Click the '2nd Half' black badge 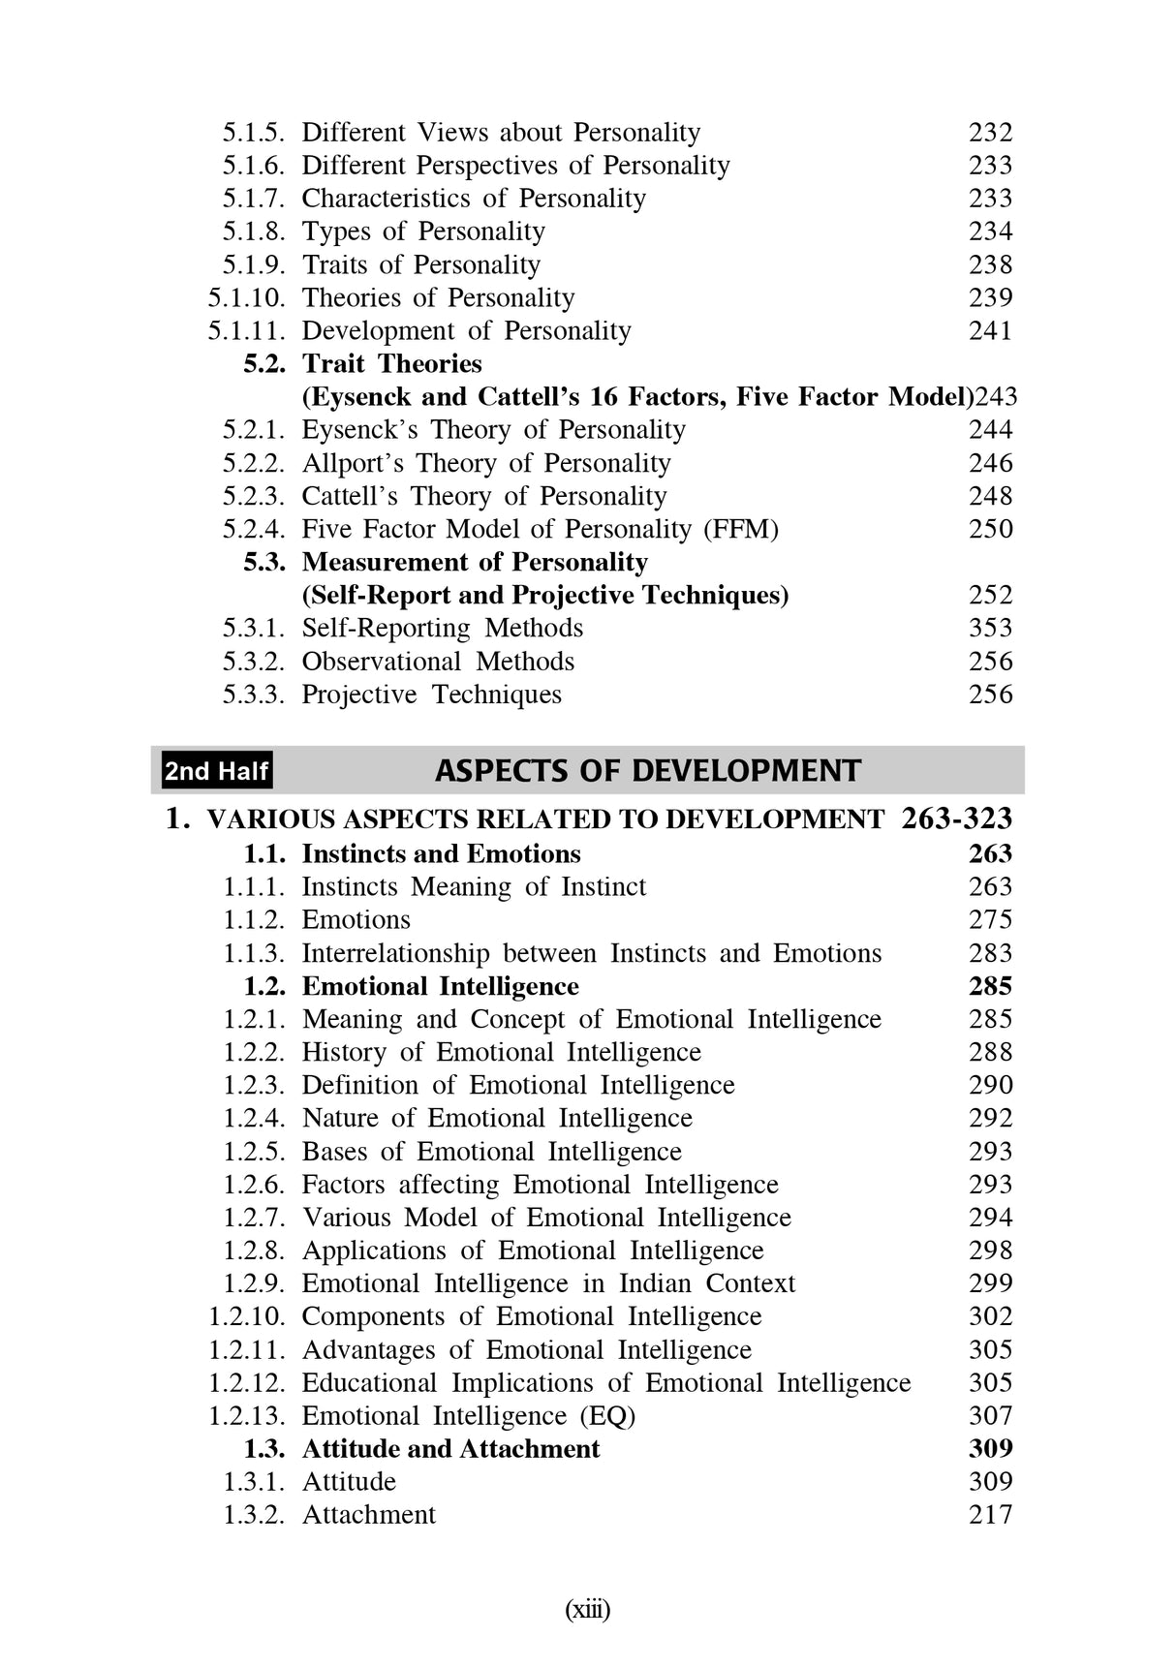(x=216, y=771)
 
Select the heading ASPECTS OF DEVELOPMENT (x=647, y=771)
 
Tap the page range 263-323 (x=956, y=819)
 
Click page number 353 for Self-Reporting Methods (x=990, y=629)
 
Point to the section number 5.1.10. (x=247, y=298)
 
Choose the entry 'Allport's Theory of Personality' (x=485, y=464)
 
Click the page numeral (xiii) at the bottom (x=587, y=1610)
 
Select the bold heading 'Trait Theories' (x=391, y=364)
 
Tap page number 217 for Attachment (x=990, y=1515)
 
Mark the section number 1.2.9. (x=254, y=1284)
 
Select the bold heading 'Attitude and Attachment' (x=450, y=1449)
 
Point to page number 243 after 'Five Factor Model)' (x=996, y=397)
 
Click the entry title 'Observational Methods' (x=438, y=662)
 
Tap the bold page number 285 (x=990, y=987)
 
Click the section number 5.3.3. (x=254, y=695)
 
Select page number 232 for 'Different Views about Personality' (x=990, y=133)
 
